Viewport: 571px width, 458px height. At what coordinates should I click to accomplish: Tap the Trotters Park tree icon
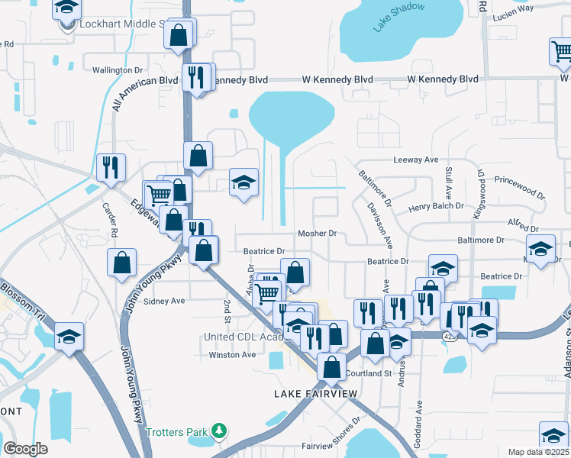pyautogui.click(x=220, y=432)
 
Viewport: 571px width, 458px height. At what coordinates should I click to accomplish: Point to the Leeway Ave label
pyautogui.click(x=415, y=160)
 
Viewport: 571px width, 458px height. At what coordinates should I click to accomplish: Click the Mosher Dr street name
pyautogui.click(x=317, y=234)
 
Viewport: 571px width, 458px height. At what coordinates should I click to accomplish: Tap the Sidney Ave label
pyautogui.click(x=165, y=301)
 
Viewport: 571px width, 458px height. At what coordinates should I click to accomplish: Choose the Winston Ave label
pyautogui.click(x=232, y=355)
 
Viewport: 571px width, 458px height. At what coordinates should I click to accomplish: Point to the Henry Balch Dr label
pyautogui.click(x=437, y=206)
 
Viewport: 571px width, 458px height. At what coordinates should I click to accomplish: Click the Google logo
pyautogui.click(x=25, y=449)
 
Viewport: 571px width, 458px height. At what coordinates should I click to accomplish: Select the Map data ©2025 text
pyautogui.click(x=538, y=452)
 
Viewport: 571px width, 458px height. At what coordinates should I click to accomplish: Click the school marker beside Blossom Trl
pyautogui.click(x=69, y=334)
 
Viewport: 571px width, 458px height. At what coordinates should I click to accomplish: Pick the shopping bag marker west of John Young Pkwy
pyautogui.click(x=122, y=263)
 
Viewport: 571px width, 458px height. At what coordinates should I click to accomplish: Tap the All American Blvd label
pyautogui.click(x=145, y=92)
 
